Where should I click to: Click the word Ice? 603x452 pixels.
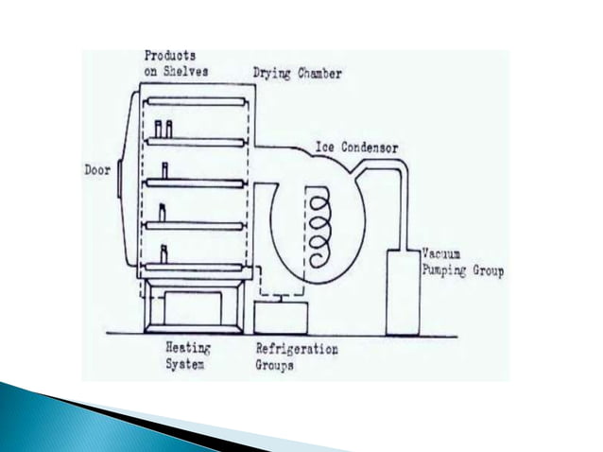click(324, 148)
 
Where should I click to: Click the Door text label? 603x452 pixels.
click(97, 173)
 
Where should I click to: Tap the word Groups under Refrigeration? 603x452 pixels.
click(277, 363)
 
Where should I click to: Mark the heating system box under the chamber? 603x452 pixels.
click(195, 307)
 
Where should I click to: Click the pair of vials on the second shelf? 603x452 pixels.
click(164, 130)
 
